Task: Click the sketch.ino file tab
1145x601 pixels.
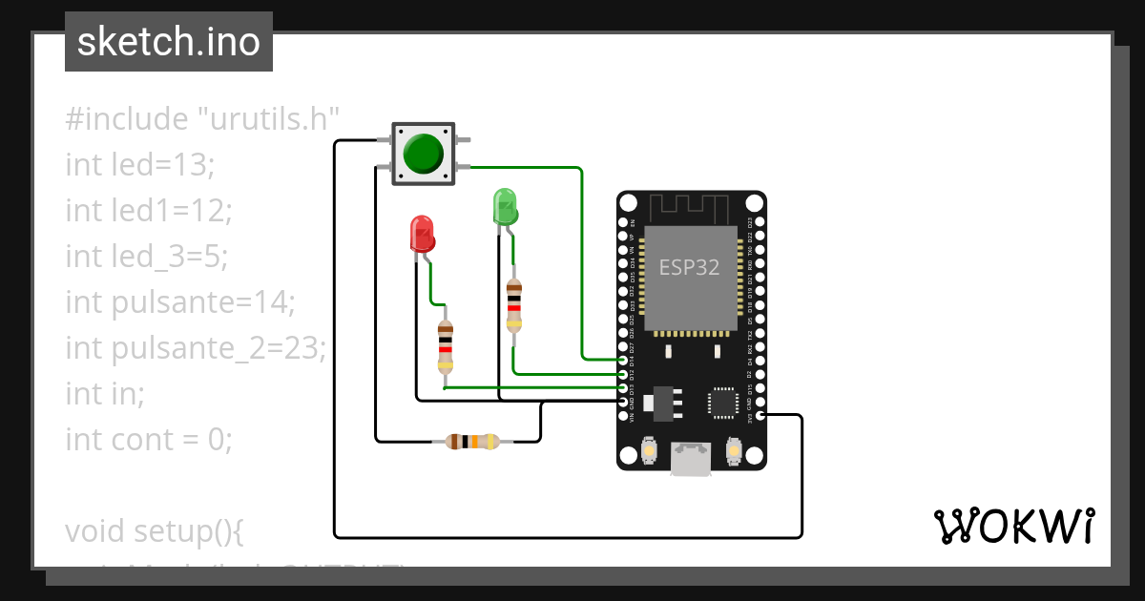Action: (x=168, y=42)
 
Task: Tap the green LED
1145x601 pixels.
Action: (x=504, y=207)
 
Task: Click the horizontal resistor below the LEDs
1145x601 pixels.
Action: (x=472, y=441)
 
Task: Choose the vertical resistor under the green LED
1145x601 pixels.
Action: (x=514, y=305)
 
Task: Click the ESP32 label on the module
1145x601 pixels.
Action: (x=690, y=267)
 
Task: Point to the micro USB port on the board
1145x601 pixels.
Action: (x=691, y=459)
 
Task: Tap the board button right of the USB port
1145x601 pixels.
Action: (x=733, y=450)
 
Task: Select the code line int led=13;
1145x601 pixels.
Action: (x=140, y=165)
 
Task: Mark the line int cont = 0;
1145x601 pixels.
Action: (x=149, y=440)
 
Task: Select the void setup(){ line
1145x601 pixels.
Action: (x=155, y=530)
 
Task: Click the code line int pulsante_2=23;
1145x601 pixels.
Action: (x=196, y=348)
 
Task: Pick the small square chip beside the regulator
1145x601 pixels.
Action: (x=722, y=403)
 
